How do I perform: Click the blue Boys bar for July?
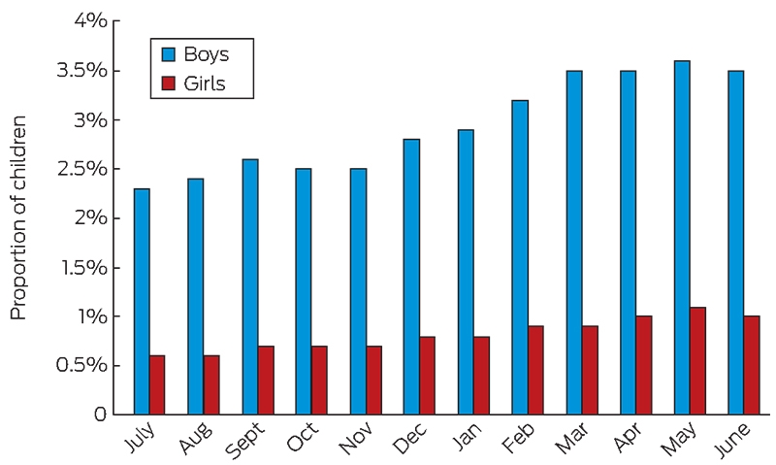point(142,302)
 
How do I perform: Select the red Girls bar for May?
point(697,361)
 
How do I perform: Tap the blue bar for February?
point(520,257)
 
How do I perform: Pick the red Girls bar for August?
point(211,384)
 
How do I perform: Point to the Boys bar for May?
point(682,238)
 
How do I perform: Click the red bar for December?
point(427,376)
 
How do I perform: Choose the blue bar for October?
point(304,291)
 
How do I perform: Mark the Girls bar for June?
point(751,365)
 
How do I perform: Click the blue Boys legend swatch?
point(169,54)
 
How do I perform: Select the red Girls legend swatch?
point(169,83)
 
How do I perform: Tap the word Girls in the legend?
point(205,83)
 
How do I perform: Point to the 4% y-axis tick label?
point(89,20)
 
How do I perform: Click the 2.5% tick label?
point(81,169)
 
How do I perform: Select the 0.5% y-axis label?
point(81,365)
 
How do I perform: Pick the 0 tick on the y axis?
point(100,415)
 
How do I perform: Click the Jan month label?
point(467,437)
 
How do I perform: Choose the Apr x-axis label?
point(629,437)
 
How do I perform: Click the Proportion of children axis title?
point(18,217)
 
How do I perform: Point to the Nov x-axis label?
point(355,438)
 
